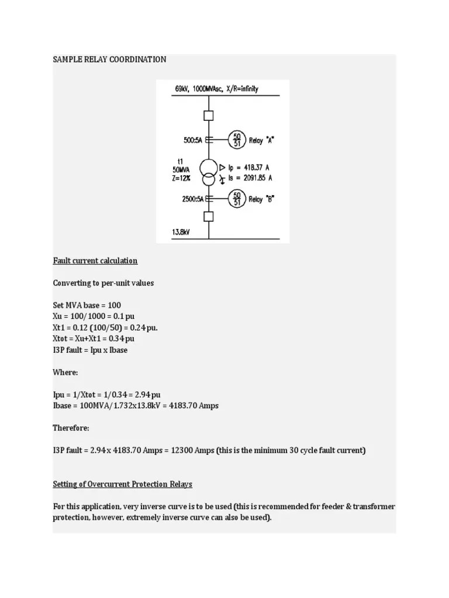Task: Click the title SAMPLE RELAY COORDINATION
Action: pos(109,60)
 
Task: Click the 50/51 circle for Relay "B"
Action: pos(237,199)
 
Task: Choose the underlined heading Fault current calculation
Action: pos(95,260)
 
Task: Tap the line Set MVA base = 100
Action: pos(87,305)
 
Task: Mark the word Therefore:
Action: pos(71,428)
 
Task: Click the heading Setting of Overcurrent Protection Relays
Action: pos(122,484)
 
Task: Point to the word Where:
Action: pos(65,372)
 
